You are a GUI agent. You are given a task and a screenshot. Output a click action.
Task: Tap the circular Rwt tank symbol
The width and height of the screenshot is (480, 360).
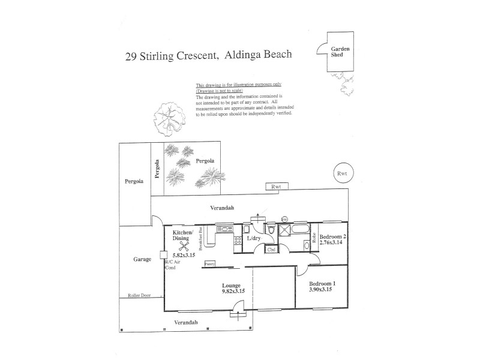343,173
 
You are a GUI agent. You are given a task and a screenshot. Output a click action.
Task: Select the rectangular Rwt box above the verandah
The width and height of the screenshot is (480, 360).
276,187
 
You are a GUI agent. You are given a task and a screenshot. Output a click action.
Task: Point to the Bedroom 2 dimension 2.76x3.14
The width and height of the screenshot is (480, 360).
332,242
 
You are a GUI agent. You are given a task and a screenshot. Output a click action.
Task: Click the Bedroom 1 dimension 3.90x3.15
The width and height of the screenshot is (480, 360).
320,289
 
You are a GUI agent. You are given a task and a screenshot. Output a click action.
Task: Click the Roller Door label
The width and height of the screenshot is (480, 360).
140,296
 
